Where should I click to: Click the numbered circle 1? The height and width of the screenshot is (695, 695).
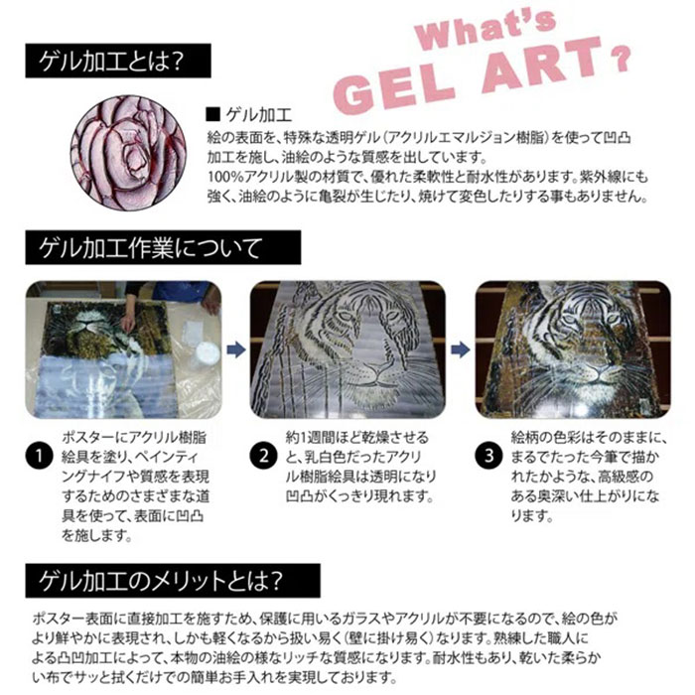pyautogui.click(x=39, y=457)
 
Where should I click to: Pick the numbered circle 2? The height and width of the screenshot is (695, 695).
pyautogui.click(x=263, y=457)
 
